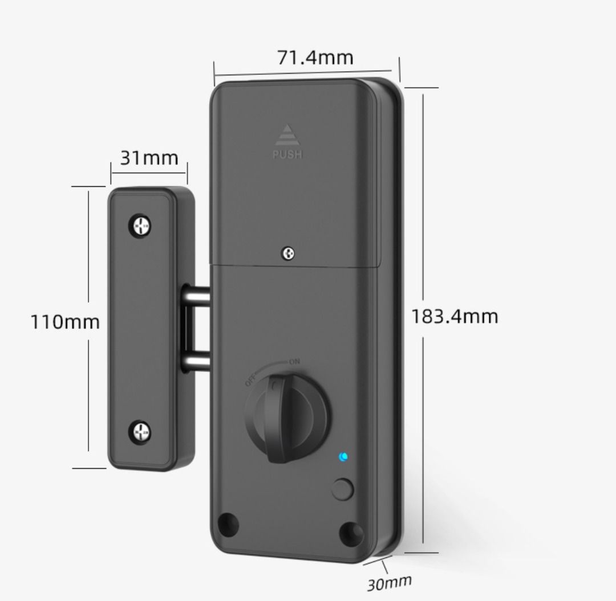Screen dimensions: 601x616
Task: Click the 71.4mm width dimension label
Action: pyautogui.click(x=315, y=58)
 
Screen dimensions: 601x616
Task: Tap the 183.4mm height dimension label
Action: pyautogui.click(x=455, y=316)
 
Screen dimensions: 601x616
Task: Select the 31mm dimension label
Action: pyautogui.click(x=149, y=158)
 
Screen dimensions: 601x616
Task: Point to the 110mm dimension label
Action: pyautogui.click(x=64, y=322)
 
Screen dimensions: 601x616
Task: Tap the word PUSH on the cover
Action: pyautogui.click(x=287, y=154)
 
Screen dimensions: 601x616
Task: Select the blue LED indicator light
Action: pyautogui.click(x=343, y=456)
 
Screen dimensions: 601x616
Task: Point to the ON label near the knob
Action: pyautogui.click(x=294, y=361)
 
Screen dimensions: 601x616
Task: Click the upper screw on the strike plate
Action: pyautogui.click(x=140, y=226)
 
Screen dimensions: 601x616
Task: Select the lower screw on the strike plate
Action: pyautogui.click(x=140, y=431)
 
